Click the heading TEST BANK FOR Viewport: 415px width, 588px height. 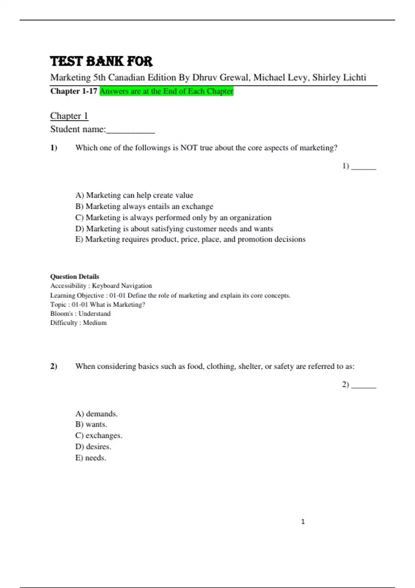[101, 61]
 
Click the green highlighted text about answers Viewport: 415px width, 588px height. [166, 91]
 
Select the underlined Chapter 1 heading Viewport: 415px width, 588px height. [69, 116]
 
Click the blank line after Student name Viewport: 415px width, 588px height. [130, 130]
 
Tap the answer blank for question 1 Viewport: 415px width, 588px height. [363, 167]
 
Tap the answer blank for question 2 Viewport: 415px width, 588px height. [363, 385]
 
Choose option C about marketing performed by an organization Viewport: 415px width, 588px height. [173, 218]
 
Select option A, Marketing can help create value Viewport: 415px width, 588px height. [134, 195]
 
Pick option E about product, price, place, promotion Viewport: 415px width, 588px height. [190, 239]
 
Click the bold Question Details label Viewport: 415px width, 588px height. [75, 276]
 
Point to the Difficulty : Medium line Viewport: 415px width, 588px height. [79, 323]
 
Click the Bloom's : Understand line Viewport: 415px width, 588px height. [80, 314]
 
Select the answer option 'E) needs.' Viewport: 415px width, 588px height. [91, 458]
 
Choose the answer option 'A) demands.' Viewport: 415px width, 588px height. [96, 414]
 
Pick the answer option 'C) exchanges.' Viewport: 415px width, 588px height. [99, 435]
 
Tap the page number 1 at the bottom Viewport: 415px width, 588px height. [303, 522]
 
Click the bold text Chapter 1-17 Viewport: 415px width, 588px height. [74, 91]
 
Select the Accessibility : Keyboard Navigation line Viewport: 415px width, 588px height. [101, 286]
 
